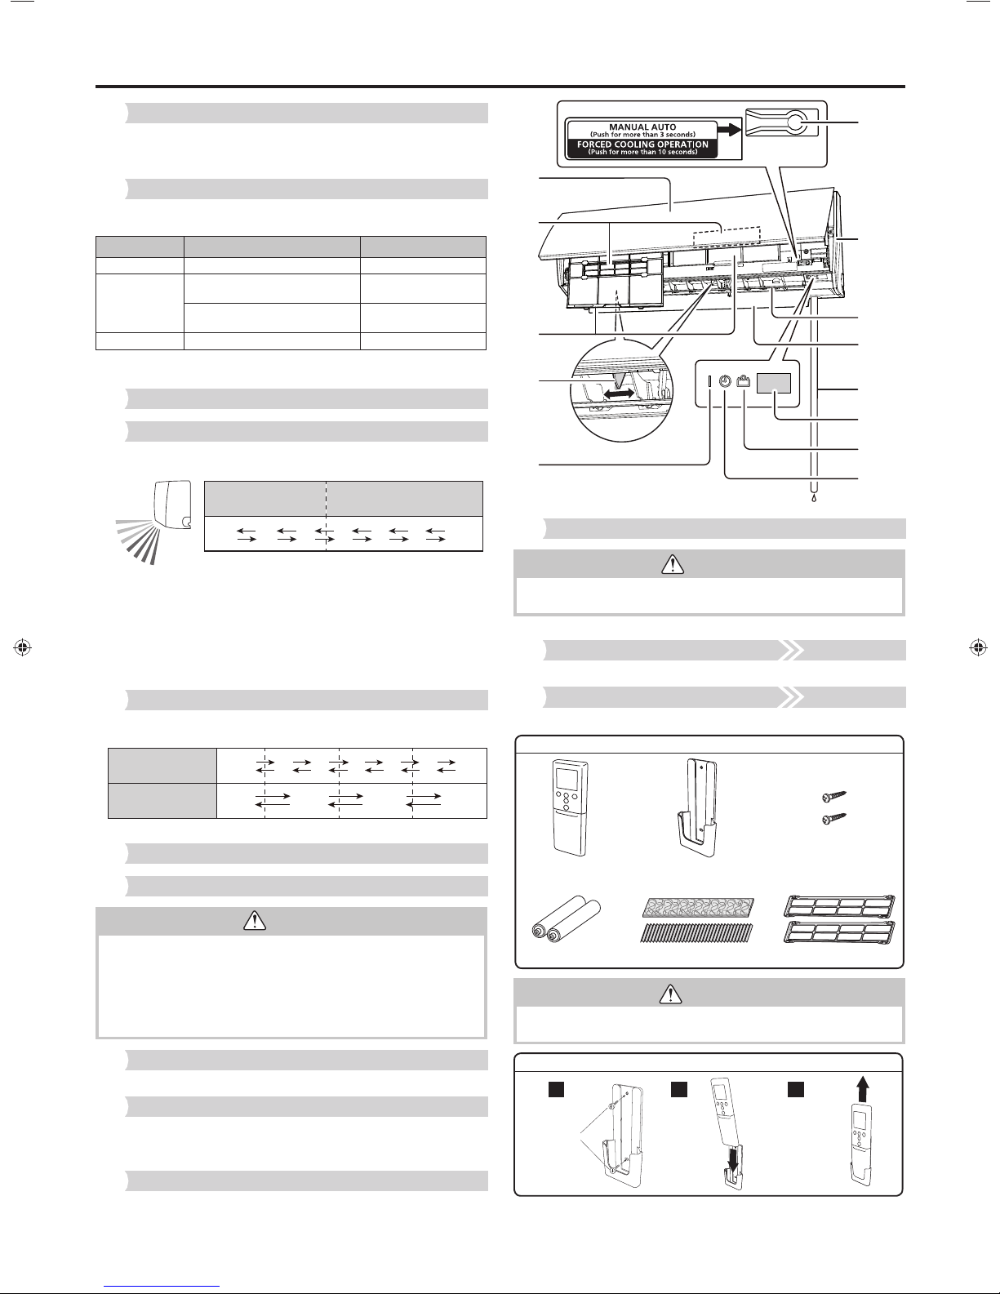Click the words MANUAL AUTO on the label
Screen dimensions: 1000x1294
click(642, 127)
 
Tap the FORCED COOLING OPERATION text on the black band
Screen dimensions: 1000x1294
click(642, 145)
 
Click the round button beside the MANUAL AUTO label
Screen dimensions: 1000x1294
click(794, 122)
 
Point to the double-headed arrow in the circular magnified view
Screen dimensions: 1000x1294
click(619, 394)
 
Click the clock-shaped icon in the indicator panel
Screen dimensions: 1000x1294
click(724, 382)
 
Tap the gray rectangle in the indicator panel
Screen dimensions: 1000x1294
click(774, 383)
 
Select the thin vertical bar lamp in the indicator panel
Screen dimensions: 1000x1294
click(709, 382)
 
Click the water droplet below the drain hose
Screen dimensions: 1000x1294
click(814, 497)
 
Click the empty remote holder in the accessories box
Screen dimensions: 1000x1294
click(698, 807)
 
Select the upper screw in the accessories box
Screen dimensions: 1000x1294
click(833, 796)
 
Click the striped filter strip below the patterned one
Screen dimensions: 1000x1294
click(696, 933)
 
